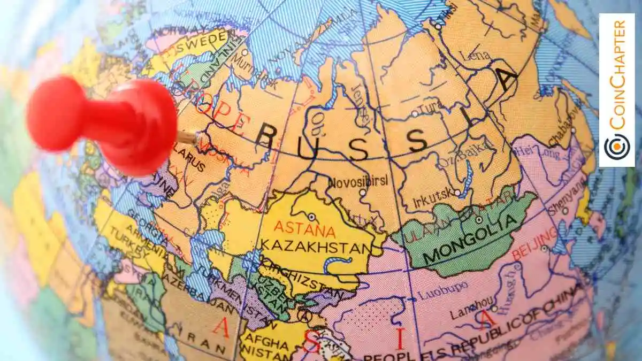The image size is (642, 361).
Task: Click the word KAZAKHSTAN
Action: (x=316, y=247)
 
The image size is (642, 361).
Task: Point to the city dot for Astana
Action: (x=311, y=217)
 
